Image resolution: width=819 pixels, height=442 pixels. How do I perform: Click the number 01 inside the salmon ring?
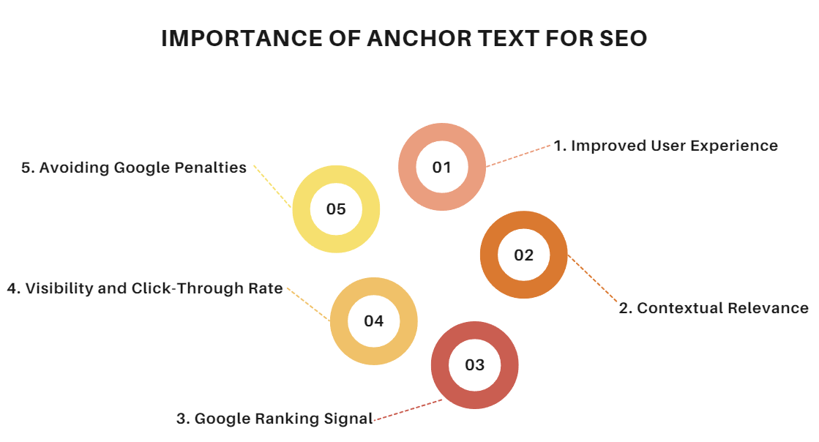(x=442, y=167)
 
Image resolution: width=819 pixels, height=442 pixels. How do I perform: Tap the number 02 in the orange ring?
(x=524, y=255)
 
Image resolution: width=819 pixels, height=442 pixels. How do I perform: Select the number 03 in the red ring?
(x=475, y=364)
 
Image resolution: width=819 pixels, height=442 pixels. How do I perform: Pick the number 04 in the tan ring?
(x=374, y=321)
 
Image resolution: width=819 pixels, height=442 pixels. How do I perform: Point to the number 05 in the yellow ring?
(x=336, y=209)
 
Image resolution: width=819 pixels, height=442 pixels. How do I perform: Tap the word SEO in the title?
(x=623, y=39)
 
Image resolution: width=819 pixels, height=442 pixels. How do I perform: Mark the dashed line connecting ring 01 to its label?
(x=519, y=156)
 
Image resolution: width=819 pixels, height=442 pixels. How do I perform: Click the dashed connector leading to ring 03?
(x=408, y=410)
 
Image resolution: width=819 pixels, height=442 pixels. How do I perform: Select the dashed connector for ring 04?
(x=309, y=304)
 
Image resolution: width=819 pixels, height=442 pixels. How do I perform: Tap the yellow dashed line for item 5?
(x=272, y=187)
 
